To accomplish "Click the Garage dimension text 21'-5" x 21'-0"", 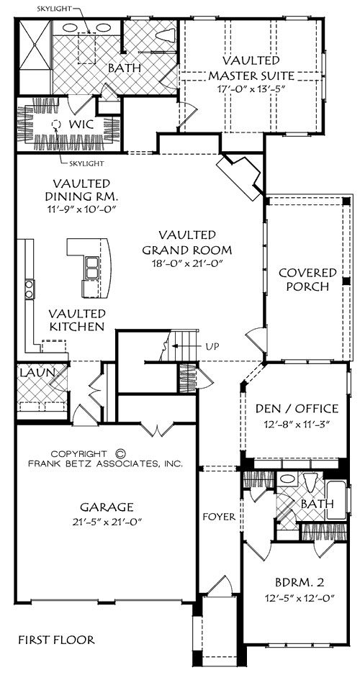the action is pyautogui.click(x=107, y=522).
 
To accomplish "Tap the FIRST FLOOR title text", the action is pyautogui.click(x=56, y=640).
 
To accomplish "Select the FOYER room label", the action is pyautogui.click(x=219, y=517).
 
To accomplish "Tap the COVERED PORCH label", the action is pyautogui.click(x=307, y=279).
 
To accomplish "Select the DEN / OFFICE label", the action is pyautogui.click(x=297, y=408).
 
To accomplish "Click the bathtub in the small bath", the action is pyautogui.click(x=336, y=500).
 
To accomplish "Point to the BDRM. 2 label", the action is pyautogui.click(x=299, y=583).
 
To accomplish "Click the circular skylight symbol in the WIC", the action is pyautogui.click(x=55, y=124).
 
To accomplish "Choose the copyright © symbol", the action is pyautogui.click(x=121, y=453).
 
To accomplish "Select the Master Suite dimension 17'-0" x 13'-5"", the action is pyautogui.click(x=251, y=89).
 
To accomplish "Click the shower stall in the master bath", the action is pyautogui.click(x=35, y=56).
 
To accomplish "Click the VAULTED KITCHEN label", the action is pyautogui.click(x=76, y=320).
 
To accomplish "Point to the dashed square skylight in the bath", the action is pyautogui.click(x=87, y=47).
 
